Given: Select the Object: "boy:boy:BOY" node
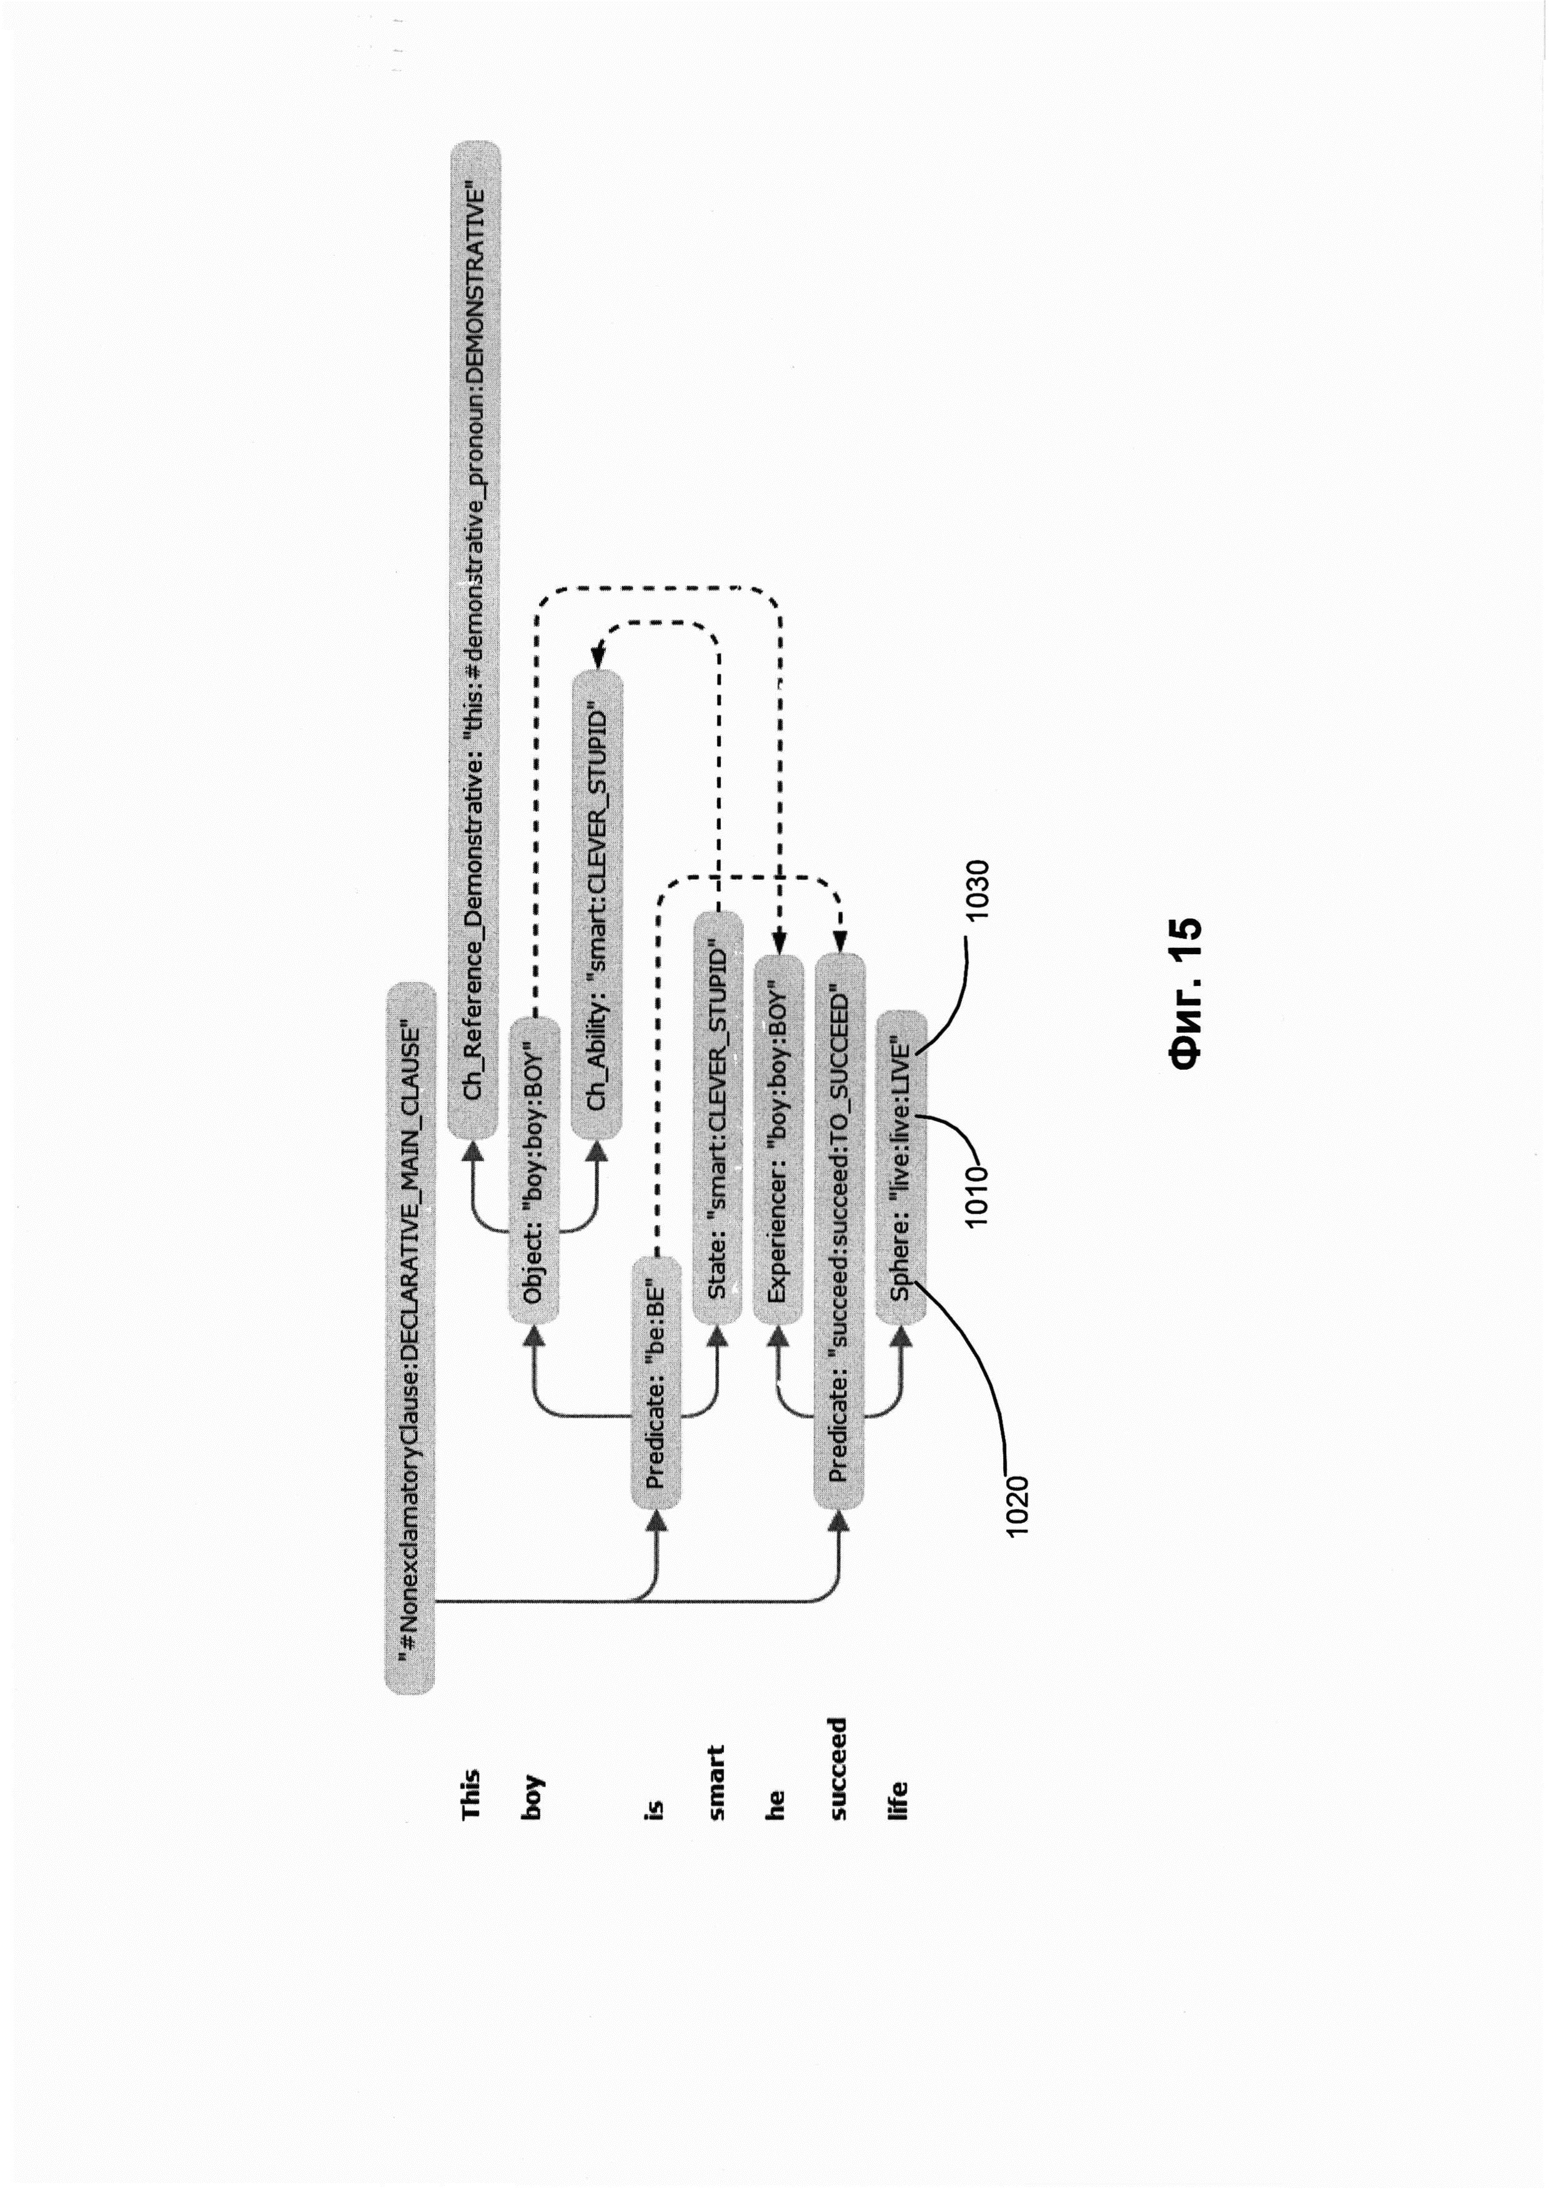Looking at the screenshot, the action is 533,1170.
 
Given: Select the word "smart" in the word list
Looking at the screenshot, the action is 717,1782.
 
